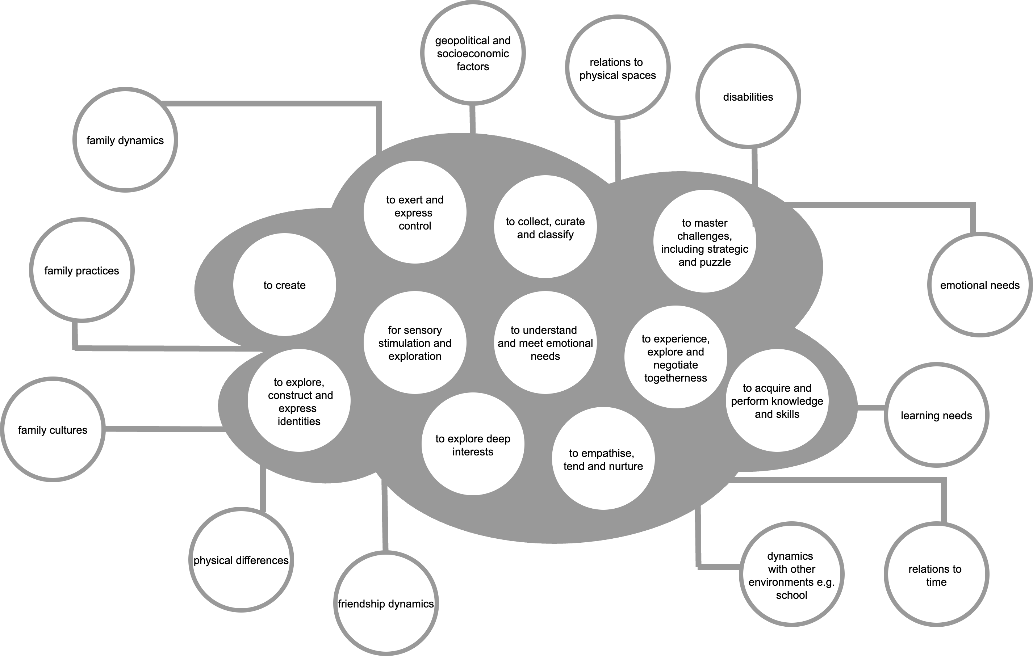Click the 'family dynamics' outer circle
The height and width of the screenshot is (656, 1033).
pyautogui.click(x=125, y=140)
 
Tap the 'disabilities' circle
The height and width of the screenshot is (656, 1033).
pyautogui.click(x=748, y=97)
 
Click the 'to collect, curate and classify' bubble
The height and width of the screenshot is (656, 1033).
pyautogui.click(x=545, y=227)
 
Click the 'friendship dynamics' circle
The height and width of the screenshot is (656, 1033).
pyautogui.click(x=386, y=604)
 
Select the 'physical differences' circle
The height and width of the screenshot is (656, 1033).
pyautogui.click(x=241, y=560)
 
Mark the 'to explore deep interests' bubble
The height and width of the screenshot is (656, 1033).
pyautogui.click(x=473, y=445)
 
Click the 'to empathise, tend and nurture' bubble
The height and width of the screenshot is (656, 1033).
pyautogui.click(x=603, y=459)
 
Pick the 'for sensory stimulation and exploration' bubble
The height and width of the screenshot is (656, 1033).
pyautogui.click(x=415, y=343)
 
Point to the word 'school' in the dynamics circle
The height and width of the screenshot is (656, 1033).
pyautogui.click(x=791, y=595)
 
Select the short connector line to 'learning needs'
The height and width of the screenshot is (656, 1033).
pyautogui.click(x=871, y=408)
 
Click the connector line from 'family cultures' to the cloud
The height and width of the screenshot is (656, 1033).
pyautogui.click(x=165, y=429)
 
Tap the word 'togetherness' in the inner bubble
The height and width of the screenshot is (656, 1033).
pyautogui.click(x=676, y=378)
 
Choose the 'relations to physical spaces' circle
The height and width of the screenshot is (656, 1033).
pyautogui.click(x=618, y=68)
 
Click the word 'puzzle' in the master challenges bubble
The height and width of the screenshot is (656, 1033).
pyautogui.click(x=715, y=262)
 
